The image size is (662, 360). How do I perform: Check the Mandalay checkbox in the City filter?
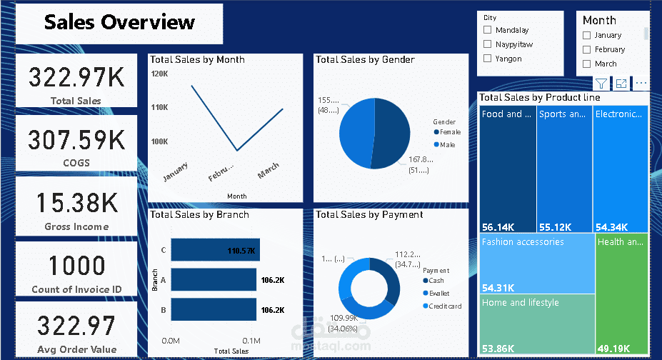[488, 30]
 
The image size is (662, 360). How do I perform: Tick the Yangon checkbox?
[488, 59]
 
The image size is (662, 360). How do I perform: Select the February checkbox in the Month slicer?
[587, 49]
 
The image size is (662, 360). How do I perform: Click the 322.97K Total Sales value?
[76, 76]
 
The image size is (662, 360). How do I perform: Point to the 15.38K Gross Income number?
[76, 203]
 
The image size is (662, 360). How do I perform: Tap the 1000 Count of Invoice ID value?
[76, 266]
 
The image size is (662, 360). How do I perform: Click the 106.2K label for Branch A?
[273, 281]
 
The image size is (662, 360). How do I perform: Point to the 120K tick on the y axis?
[159, 74]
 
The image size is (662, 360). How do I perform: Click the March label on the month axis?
[268, 171]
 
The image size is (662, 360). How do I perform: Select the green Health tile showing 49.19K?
[621, 293]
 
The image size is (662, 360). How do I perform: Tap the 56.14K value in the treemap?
[498, 227]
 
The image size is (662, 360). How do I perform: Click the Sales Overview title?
[119, 22]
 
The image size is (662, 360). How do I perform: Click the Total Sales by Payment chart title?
[369, 214]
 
